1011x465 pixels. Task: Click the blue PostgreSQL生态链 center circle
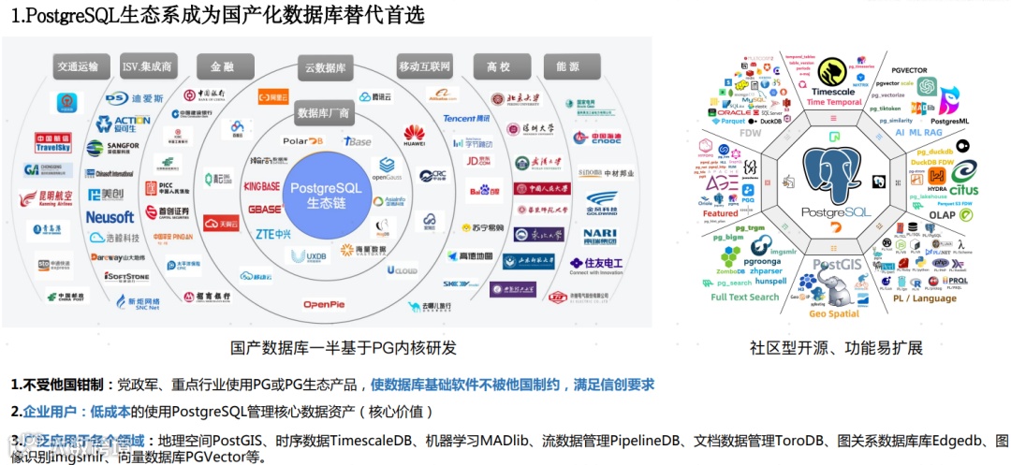pos(324,195)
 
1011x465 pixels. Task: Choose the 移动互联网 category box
pos(424,66)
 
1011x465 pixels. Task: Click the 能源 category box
pos(567,67)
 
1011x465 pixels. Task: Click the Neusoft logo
pos(110,217)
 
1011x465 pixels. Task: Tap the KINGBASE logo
pos(262,186)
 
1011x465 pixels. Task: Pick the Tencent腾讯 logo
pos(465,119)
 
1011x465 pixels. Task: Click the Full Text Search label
pos(744,298)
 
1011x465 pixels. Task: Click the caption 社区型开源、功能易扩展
pos(836,348)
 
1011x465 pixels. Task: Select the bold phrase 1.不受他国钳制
pos(61,385)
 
